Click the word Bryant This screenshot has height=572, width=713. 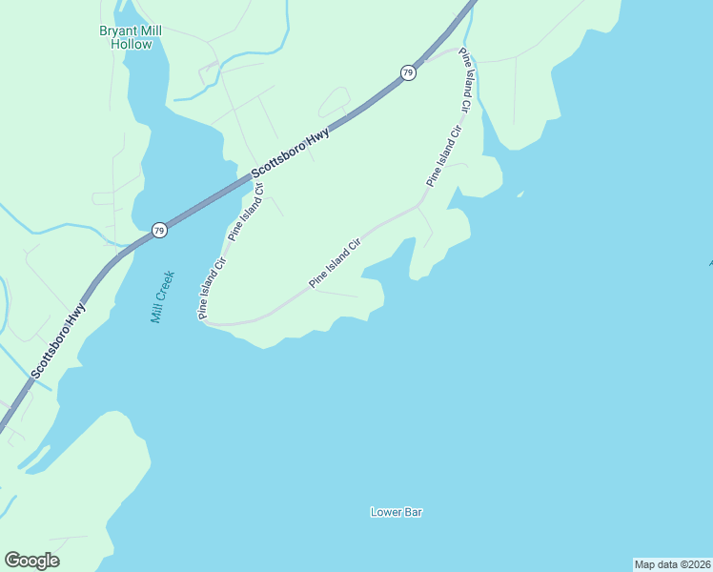(x=118, y=31)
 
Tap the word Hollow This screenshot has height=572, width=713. (x=131, y=44)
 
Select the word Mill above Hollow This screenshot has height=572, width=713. (x=150, y=31)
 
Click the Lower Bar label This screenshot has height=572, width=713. (x=396, y=512)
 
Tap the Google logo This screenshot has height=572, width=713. (x=31, y=561)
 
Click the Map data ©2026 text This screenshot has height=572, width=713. (x=672, y=563)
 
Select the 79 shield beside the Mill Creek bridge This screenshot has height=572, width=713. (x=159, y=230)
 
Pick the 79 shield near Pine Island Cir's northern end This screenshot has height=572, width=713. (x=408, y=72)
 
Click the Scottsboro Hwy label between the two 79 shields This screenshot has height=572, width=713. (x=291, y=153)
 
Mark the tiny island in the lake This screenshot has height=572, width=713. (x=519, y=194)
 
